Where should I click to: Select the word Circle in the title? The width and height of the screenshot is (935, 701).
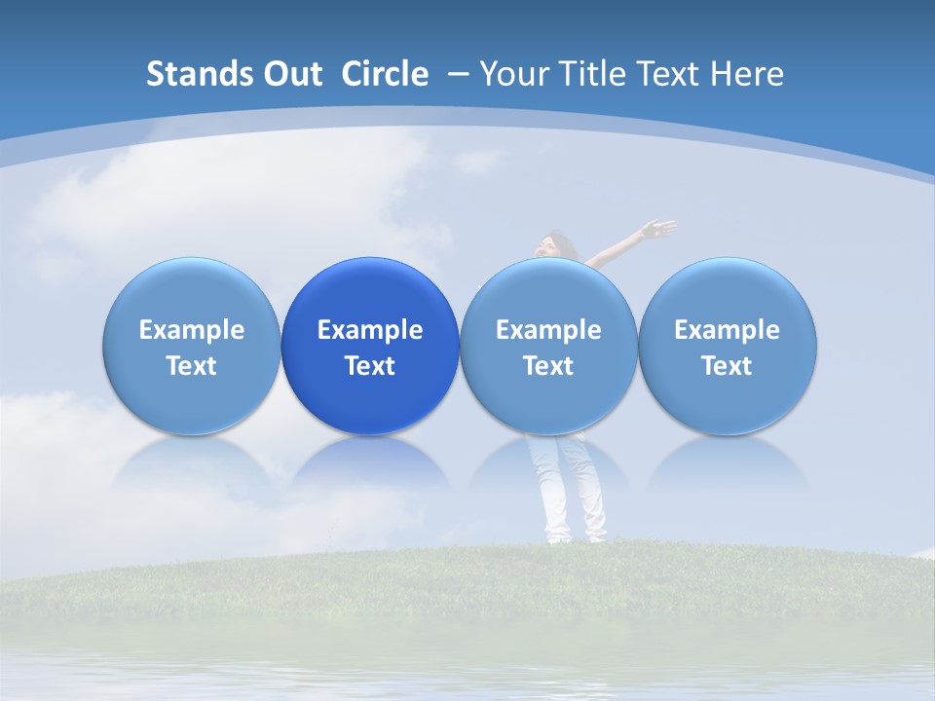pyautogui.click(x=385, y=74)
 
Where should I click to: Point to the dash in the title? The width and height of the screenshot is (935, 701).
pyautogui.click(x=457, y=74)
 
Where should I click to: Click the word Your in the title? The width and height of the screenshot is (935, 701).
pyautogui.click(x=511, y=74)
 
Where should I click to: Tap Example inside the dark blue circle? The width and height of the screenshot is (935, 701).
pyautogui.click(x=370, y=330)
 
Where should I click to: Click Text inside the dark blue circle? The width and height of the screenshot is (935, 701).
pyautogui.click(x=370, y=366)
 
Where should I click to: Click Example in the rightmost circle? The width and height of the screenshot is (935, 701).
pyautogui.click(x=727, y=330)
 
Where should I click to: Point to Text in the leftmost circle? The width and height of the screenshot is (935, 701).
pyautogui.click(x=191, y=366)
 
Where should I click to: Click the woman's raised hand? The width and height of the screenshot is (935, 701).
pyautogui.click(x=661, y=230)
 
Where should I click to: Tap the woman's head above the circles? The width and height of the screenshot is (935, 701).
pyautogui.click(x=558, y=243)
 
